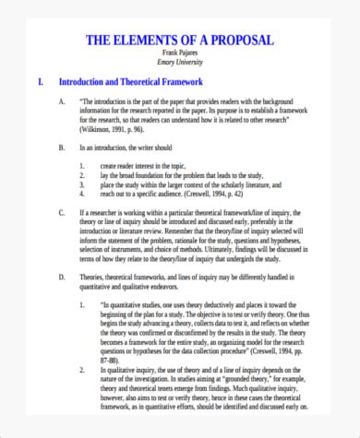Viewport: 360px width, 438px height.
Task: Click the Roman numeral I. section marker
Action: coord(39,82)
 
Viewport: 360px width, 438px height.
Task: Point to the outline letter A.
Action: coord(62,101)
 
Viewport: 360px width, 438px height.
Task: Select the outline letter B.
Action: coord(62,146)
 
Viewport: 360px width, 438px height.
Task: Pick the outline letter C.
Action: coord(62,211)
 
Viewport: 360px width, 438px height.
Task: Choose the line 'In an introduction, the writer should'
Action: coord(131,146)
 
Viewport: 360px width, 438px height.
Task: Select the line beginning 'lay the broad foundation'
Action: coord(185,172)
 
